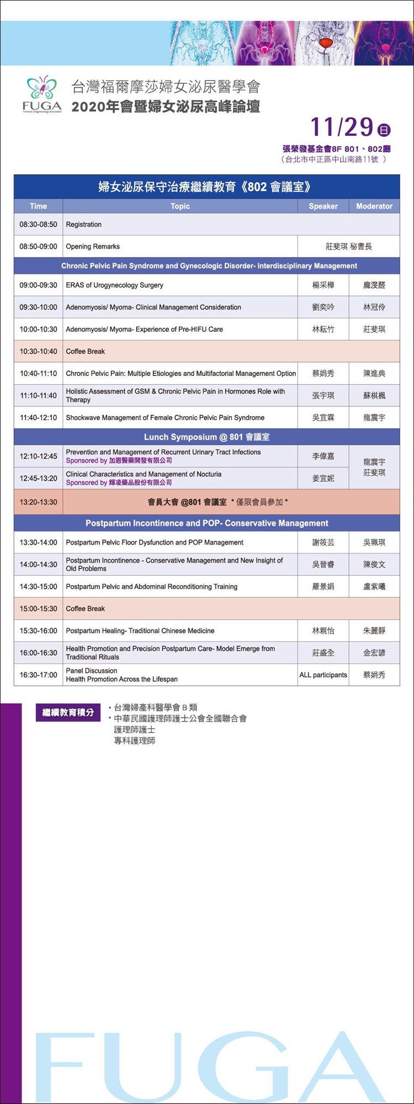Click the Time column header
[x=38, y=206]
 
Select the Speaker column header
[x=323, y=206]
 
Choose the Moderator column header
[x=374, y=206]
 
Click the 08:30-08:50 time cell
[x=38, y=225]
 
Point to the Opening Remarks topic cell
[x=93, y=247]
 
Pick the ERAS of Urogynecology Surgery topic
[x=114, y=285]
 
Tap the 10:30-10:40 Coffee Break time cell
[x=38, y=352]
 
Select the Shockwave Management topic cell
[x=165, y=418]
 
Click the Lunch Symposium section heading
[x=206, y=437]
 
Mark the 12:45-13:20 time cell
[x=38, y=479]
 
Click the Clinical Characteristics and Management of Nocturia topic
[x=144, y=475]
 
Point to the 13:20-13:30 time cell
[x=38, y=502]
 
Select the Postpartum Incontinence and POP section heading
[x=206, y=523]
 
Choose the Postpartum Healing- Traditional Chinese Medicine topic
[x=140, y=631]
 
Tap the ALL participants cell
[x=323, y=675]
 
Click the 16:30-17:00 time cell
[x=38, y=675]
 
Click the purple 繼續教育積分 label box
[x=68, y=713]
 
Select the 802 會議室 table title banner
[x=206, y=187]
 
